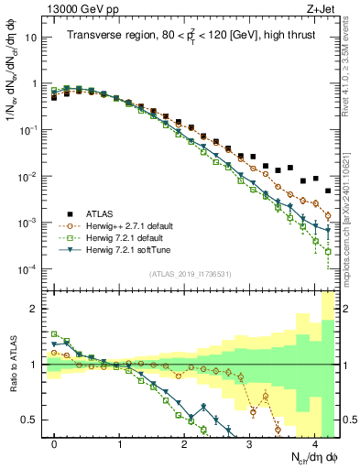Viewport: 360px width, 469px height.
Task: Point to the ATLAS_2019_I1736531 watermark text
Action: coord(190,274)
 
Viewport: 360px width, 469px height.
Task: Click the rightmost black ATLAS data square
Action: coord(328,191)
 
